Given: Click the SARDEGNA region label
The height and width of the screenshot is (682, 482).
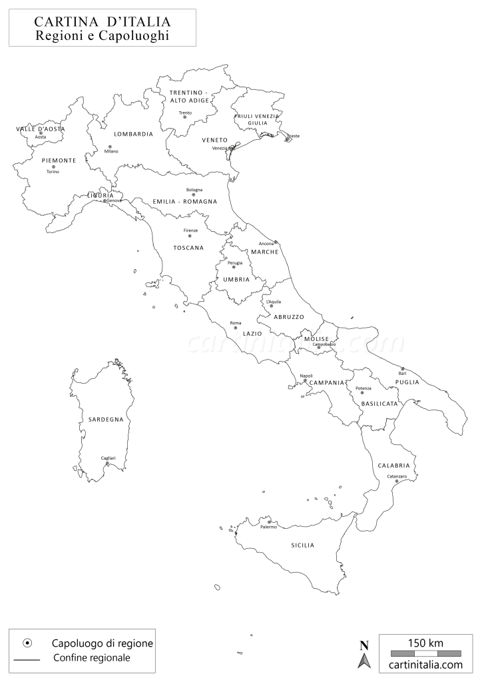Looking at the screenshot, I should click(x=106, y=419).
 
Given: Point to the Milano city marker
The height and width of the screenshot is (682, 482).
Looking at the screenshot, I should click(x=110, y=147).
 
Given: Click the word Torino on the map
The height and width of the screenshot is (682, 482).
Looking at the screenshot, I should click(x=53, y=172).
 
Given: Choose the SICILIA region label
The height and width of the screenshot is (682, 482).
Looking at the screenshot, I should click(x=302, y=545).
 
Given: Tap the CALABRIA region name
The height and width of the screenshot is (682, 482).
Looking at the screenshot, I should click(x=393, y=465).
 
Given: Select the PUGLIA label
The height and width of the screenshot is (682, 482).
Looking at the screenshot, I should click(x=406, y=382).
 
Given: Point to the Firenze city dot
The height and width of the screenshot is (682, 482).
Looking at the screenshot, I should click(x=190, y=235).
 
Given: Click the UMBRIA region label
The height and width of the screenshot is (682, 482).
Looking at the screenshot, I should click(x=236, y=279).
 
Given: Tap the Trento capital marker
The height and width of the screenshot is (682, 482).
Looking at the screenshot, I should click(x=185, y=117).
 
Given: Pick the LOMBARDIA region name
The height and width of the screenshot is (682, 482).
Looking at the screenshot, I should click(x=133, y=134).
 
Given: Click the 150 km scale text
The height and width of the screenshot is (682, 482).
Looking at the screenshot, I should click(x=425, y=643).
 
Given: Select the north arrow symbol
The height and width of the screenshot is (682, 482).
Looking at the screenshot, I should click(x=364, y=655).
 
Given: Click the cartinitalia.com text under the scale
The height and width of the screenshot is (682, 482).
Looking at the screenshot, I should click(x=425, y=664).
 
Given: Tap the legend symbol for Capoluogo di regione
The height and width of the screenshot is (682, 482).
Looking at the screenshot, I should click(x=27, y=643).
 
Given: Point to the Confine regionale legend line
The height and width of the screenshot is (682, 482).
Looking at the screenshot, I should click(x=27, y=659).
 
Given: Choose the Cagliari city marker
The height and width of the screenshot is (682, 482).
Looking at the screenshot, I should click(x=108, y=463).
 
